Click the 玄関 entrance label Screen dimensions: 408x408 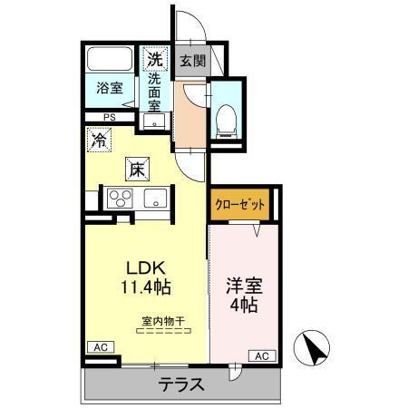(x=191, y=62)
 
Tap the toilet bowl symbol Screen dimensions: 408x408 (x=227, y=119)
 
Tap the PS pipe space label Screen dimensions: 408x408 (x=109, y=117)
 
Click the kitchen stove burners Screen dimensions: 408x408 (x=120, y=198)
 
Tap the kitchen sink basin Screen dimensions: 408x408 (x=154, y=197)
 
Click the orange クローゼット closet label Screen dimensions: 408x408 (x=240, y=205)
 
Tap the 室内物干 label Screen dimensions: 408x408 (x=162, y=319)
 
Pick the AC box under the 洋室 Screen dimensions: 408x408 (x=260, y=355)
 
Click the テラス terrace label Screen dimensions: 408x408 (x=182, y=384)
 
